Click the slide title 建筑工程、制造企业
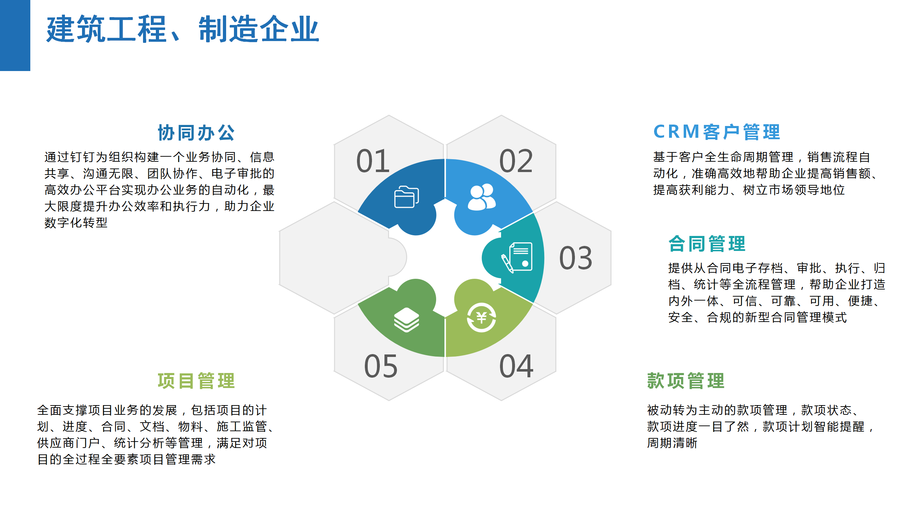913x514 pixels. tap(183, 29)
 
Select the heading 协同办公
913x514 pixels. tap(196, 133)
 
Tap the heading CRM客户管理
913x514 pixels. tap(717, 132)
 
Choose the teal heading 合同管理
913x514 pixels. tap(707, 244)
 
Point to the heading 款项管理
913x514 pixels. tap(686, 381)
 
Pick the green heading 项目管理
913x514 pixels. tap(196, 381)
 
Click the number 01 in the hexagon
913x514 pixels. tap(373, 161)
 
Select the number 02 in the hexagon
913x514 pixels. tap(516, 161)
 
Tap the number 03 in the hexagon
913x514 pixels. tap(576, 258)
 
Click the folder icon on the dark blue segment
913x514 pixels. tap(406, 197)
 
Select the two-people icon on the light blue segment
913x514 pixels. tap(481, 197)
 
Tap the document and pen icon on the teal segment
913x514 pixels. tap(517, 257)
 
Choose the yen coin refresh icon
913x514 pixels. tap(481, 317)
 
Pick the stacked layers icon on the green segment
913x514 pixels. tap(406, 320)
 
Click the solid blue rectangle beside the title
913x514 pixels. tap(15, 35)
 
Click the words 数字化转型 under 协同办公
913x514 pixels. tap(76, 223)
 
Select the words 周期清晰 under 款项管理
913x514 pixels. tap(672, 443)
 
